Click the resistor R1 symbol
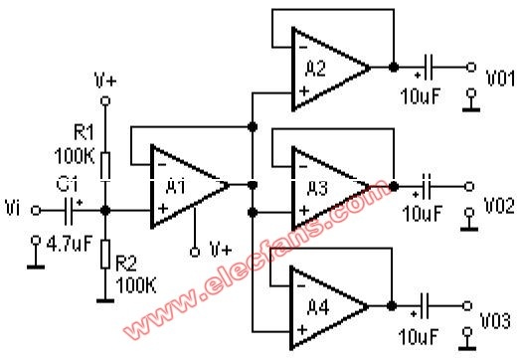(x=105, y=166)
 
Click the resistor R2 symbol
(x=105, y=255)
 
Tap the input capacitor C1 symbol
(x=69, y=211)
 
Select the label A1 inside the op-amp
(x=175, y=188)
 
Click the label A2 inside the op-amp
(x=315, y=70)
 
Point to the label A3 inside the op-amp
(x=317, y=188)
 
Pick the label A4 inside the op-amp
(x=318, y=307)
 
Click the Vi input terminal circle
(x=36, y=211)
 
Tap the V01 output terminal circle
(x=471, y=68)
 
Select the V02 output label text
(x=499, y=205)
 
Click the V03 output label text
(x=495, y=321)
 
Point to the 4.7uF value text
(x=70, y=244)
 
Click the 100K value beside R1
(x=75, y=155)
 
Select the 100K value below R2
(x=136, y=284)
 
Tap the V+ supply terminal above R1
(x=105, y=100)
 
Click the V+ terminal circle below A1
(x=195, y=252)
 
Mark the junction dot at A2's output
(x=394, y=68)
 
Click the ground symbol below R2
(x=105, y=301)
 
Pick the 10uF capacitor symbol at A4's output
(x=425, y=306)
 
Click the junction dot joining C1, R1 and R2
(x=105, y=211)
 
